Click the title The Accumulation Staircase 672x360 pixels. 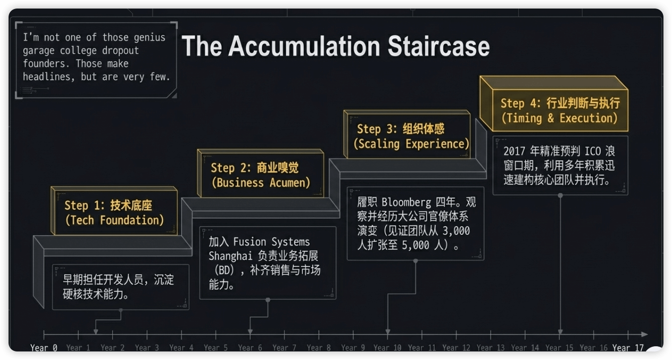click(x=336, y=46)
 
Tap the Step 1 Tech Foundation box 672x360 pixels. click(x=114, y=212)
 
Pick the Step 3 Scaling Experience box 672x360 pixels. click(x=407, y=136)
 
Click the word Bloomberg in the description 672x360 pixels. click(x=406, y=202)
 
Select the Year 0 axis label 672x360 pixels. click(x=44, y=348)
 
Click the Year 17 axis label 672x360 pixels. click(x=627, y=348)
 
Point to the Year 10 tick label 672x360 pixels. click(x=387, y=348)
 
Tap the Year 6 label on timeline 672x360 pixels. click(x=250, y=348)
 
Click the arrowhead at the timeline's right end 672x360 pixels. click(x=644, y=334)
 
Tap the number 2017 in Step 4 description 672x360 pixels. click(x=514, y=151)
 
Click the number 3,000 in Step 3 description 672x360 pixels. click(x=456, y=231)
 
